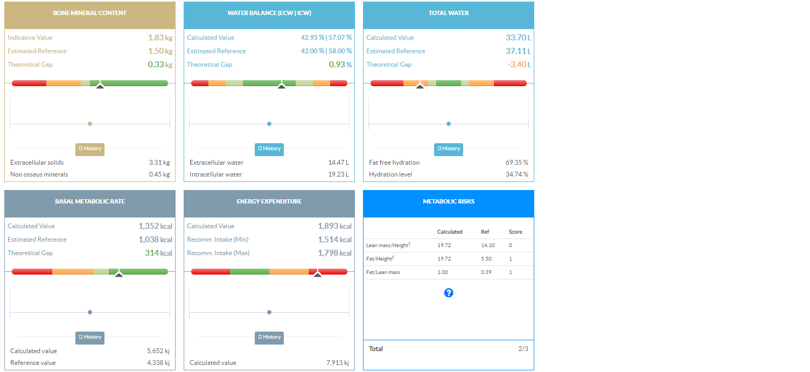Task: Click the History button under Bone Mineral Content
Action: pos(90,149)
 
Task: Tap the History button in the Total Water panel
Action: pos(449,149)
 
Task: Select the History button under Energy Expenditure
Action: pos(269,338)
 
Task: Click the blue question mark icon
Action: pos(449,293)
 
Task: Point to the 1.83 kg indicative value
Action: pos(160,38)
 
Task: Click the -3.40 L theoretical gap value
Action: pos(519,65)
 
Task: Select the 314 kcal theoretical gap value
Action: pos(159,253)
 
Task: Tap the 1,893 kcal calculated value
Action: pos(334,226)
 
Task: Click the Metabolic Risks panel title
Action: pos(449,201)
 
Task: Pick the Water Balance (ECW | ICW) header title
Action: pos(269,13)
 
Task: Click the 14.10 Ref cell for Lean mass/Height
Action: pos(487,245)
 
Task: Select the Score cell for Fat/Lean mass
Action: pos(511,272)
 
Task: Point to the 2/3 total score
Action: pos(523,349)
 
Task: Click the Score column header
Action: pos(515,232)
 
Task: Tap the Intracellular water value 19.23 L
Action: pos(339,174)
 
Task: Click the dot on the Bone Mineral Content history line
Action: pos(90,124)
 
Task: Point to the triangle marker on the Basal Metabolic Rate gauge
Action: pos(119,275)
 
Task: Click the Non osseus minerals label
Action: pos(39,174)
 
